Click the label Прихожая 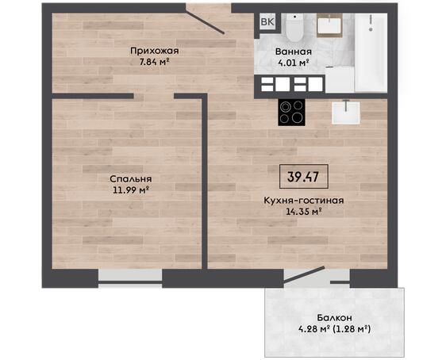click(155, 51)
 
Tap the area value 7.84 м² click(155, 62)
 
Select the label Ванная click(294, 52)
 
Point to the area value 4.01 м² click(294, 63)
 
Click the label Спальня click(131, 179)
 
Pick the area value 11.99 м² click(131, 190)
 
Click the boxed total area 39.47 click(303, 177)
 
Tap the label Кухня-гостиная click(304, 201)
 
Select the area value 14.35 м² click(304, 211)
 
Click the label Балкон click(335, 317)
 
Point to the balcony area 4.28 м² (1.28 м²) click(335, 329)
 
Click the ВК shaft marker click(267, 22)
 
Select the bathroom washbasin click(329, 25)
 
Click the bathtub click(371, 52)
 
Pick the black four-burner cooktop click(291, 113)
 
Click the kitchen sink click(346, 113)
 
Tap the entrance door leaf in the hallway click(205, 23)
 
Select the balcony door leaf click(304, 274)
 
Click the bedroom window click(130, 276)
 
